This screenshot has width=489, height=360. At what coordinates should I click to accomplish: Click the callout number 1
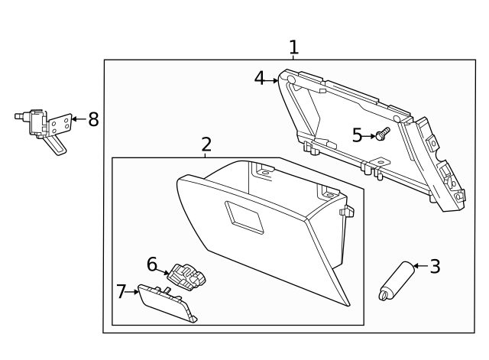[293, 47]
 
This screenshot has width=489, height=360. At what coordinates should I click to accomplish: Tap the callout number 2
[206, 144]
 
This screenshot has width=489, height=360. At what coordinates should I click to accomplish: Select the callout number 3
[435, 267]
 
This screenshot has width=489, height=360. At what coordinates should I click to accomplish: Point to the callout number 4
[260, 78]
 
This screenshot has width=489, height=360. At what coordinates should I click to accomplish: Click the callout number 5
[358, 135]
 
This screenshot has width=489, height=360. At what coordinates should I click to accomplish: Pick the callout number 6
[152, 264]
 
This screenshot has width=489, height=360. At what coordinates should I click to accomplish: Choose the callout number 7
[121, 291]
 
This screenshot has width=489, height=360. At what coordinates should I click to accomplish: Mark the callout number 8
[93, 119]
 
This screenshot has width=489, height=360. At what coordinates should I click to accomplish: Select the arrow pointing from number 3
[419, 267]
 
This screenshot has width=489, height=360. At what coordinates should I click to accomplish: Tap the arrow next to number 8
[78, 120]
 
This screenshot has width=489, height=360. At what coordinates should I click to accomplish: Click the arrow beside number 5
[370, 135]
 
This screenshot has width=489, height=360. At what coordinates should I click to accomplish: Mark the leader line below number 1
[293, 57]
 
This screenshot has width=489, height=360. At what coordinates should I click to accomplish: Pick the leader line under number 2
[206, 154]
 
